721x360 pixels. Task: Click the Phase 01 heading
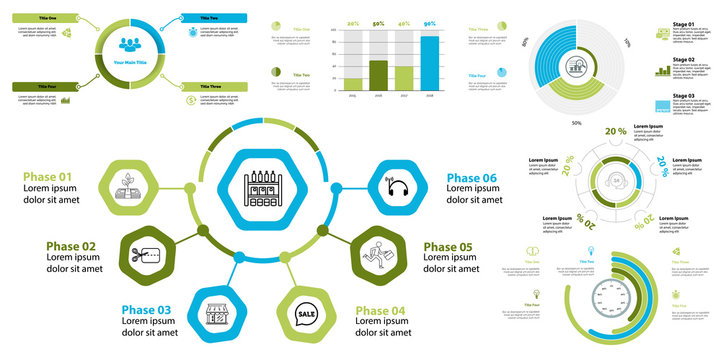[x=57, y=178]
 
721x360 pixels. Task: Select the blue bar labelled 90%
[x=429, y=64]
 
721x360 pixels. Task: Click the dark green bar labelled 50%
[x=379, y=76]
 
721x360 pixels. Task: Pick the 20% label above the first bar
[x=352, y=23]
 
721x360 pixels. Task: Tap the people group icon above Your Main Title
[x=129, y=44]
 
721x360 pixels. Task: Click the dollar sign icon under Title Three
[x=189, y=100]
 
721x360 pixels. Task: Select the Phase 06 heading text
[x=471, y=178]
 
